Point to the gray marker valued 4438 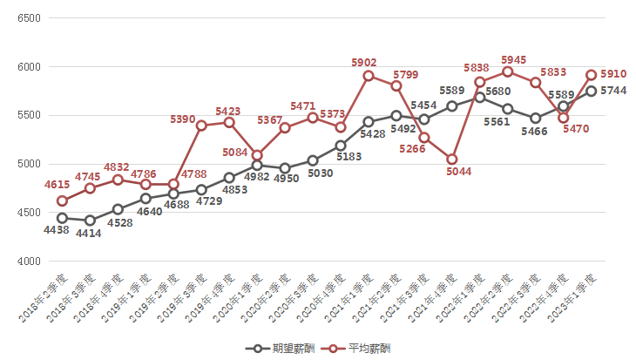[x=62, y=218]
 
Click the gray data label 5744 [x=615, y=92]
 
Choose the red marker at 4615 [x=62, y=200]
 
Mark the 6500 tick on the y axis [x=29, y=17]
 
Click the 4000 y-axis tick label [x=29, y=262]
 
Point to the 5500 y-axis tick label [x=29, y=115]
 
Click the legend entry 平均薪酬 [x=361, y=349]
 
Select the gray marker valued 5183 [x=341, y=146]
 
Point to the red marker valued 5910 [x=592, y=75]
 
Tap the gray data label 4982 [x=263, y=178]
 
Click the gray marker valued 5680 [x=480, y=97]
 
